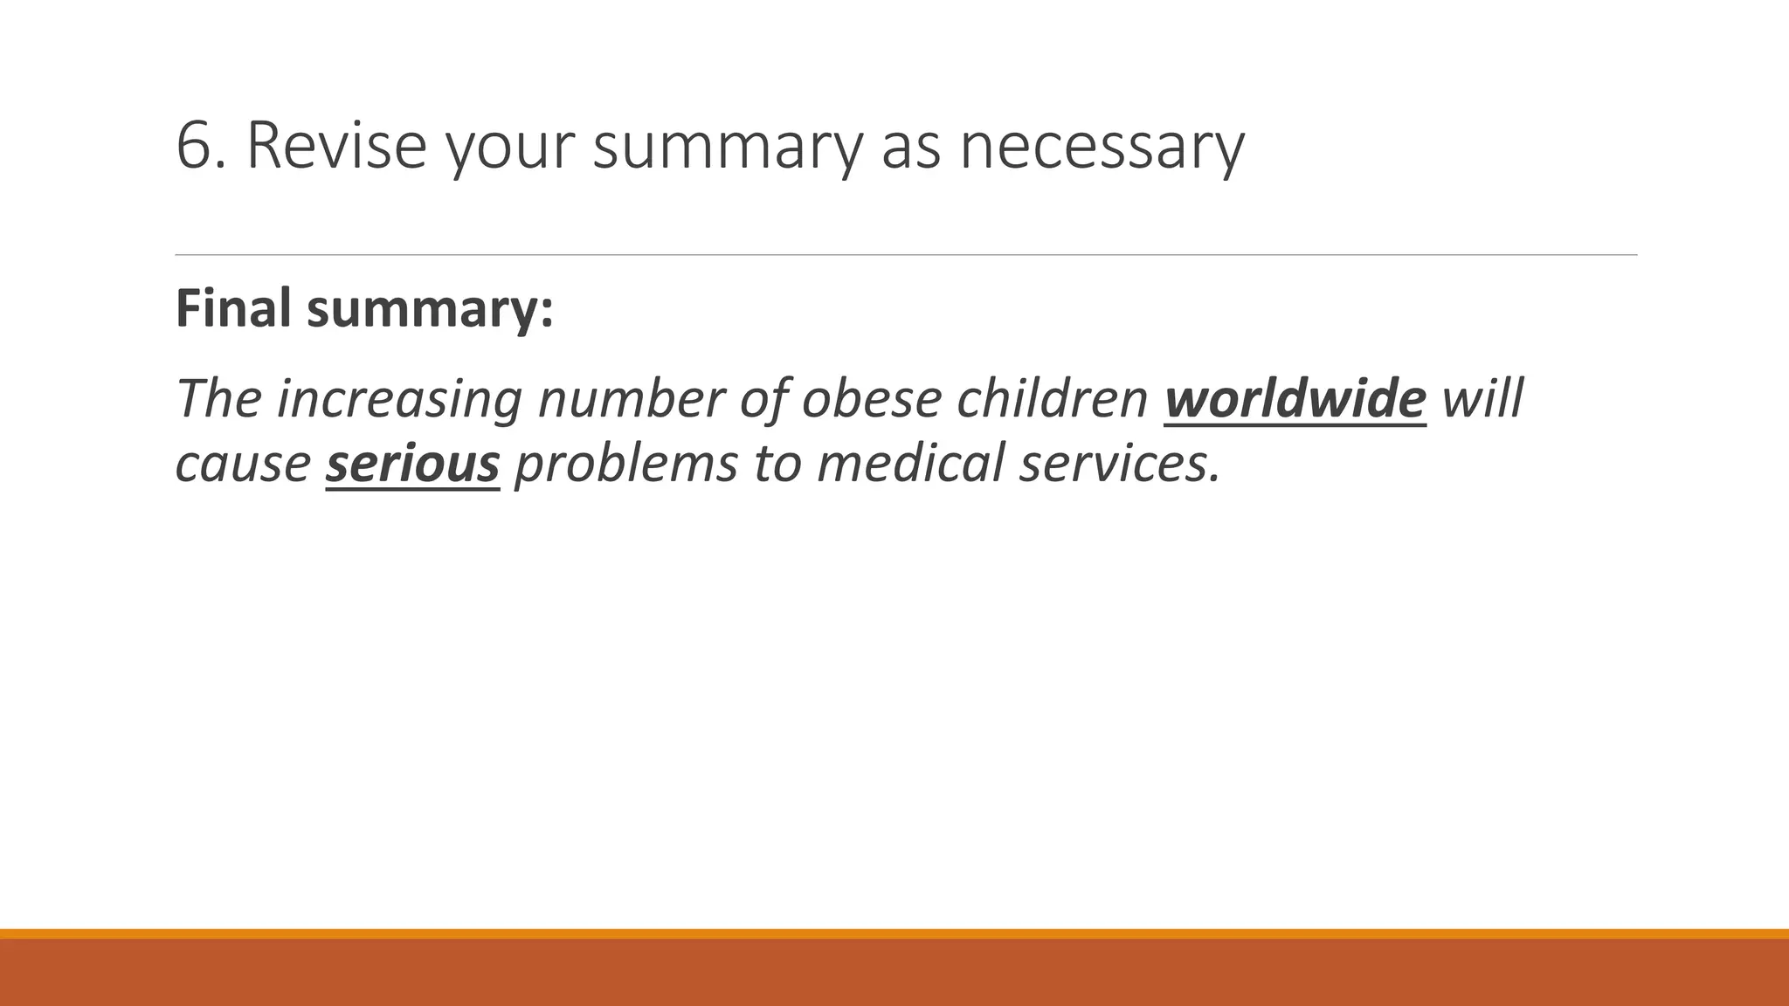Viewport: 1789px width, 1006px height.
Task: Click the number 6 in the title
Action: pyautogui.click(x=193, y=145)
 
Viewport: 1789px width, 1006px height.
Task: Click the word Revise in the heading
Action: pyautogui.click(x=336, y=145)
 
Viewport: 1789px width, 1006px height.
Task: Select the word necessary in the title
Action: pyautogui.click(x=1102, y=147)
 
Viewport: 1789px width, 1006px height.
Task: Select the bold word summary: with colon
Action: pyautogui.click(x=430, y=309)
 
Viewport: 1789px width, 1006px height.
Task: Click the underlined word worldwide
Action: pyautogui.click(x=1295, y=398)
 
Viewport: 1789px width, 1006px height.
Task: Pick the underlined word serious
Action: pyautogui.click(x=412, y=463)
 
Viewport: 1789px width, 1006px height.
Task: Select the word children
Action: pyautogui.click(x=1052, y=398)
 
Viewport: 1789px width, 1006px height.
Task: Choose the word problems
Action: pyautogui.click(x=625, y=463)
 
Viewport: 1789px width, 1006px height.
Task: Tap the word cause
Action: pyautogui.click(x=243, y=463)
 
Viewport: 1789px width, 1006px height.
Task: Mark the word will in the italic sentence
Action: pyautogui.click(x=1482, y=398)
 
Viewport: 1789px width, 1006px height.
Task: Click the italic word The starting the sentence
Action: pyautogui.click(x=218, y=398)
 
